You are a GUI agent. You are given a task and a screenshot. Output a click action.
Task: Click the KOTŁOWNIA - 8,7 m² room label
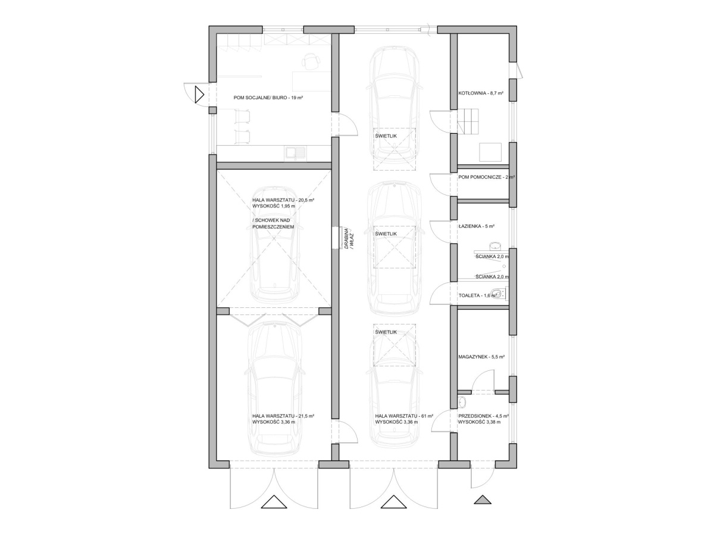click(481, 93)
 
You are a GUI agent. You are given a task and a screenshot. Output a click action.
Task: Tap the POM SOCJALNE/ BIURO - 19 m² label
click(268, 97)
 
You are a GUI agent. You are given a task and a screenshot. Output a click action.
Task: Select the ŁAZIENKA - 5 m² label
click(476, 226)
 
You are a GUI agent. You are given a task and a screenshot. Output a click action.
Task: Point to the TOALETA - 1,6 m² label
click(478, 295)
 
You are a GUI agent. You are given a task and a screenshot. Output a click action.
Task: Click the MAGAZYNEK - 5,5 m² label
click(481, 357)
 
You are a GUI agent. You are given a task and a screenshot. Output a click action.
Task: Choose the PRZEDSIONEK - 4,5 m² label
click(483, 416)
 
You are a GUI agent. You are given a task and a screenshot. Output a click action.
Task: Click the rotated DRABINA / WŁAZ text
click(349, 239)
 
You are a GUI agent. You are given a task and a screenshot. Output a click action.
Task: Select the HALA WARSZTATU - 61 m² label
click(403, 416)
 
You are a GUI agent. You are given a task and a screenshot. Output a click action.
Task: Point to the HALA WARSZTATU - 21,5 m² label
click(283, 416)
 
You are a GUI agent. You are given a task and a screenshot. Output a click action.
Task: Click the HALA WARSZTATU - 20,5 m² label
click(283, 200)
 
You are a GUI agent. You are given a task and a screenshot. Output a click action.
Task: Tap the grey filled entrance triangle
click(483, 499)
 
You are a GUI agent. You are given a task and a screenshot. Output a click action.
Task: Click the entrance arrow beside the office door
click(199, 95)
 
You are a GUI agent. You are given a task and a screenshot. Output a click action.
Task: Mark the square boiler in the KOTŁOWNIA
click(490, 152)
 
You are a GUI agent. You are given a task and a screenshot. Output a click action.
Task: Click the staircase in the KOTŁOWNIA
click(468, 122)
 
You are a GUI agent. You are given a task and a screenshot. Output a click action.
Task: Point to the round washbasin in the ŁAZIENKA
click(495, 246)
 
